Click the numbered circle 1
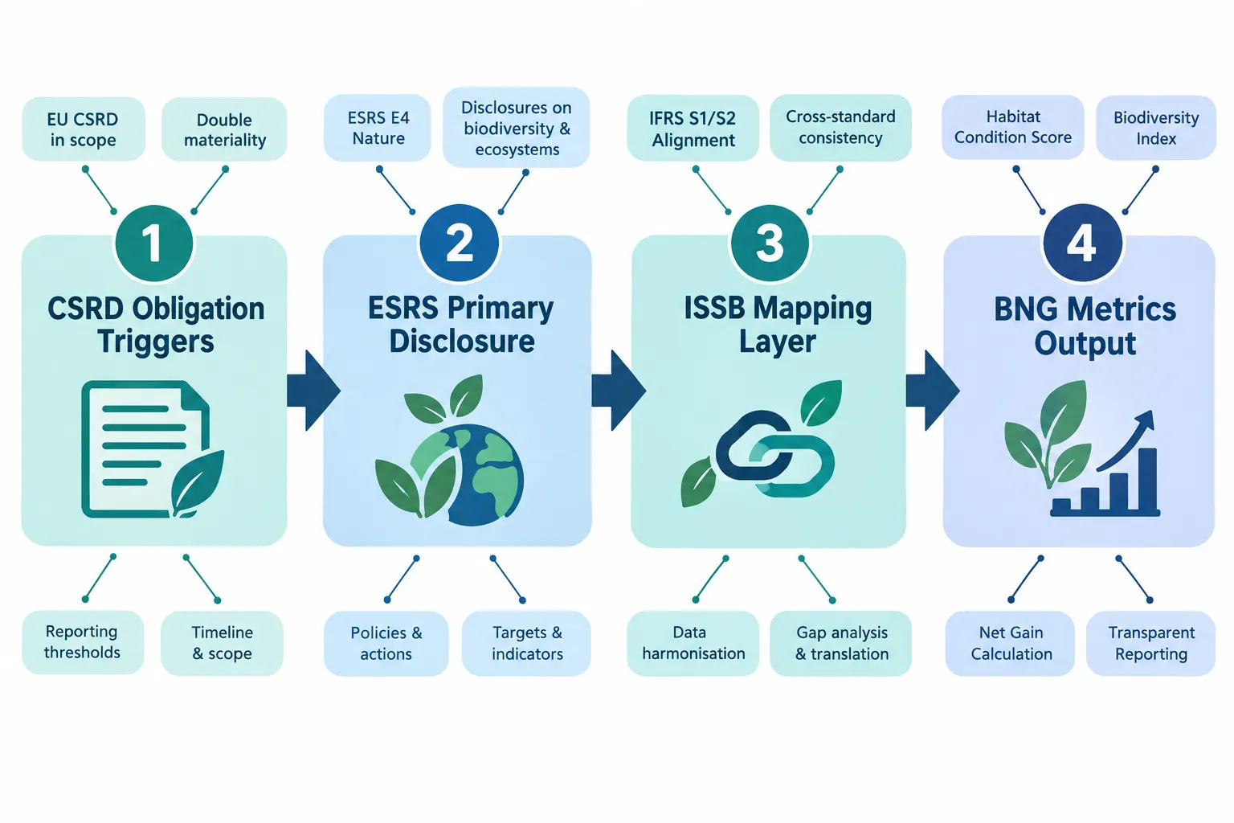[x=154, y=243]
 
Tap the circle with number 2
[x=459, y=243]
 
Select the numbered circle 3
[x=770, y=243]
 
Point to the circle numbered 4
[x=1082, y=243]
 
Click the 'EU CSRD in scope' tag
[x=84, y=129]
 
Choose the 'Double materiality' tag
[x=224, y=129]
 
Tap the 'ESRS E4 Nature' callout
[x=378, y=128]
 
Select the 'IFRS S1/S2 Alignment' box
[x=693, y=129]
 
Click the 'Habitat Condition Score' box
[x=1012, y=127]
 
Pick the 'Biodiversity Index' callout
[x=1156, y=128]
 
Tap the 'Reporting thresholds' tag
[x=83, y=642]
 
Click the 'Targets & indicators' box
[x=527, y=643]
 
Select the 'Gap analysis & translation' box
[x=841, y=643]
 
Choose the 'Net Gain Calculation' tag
[x=1011, y=643]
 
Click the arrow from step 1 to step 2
[x=313, y=391]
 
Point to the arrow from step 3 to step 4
[x=933, y=391]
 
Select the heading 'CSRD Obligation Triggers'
[x=156, y=326]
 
